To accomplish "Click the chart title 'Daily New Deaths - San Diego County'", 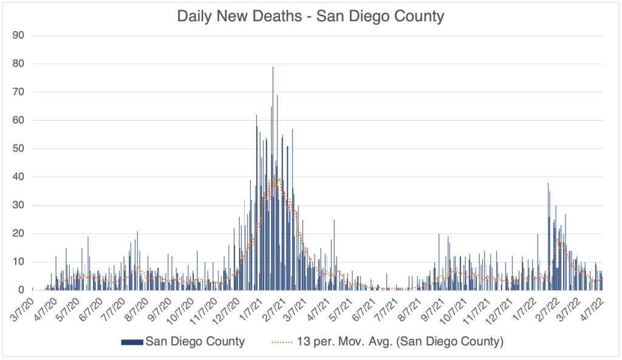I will point(310,16).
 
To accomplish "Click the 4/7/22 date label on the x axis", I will point(590,307).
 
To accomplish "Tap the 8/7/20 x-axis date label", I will point(134,307).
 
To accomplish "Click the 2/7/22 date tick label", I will point(544,307).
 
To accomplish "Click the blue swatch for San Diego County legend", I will point(132,342).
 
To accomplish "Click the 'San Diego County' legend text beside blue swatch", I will point(195,342).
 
